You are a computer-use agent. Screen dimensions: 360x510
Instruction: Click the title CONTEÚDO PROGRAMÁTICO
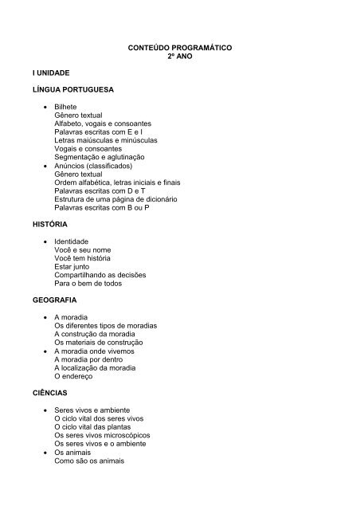coord(179,48)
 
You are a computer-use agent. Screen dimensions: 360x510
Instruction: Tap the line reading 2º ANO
coord(179,57)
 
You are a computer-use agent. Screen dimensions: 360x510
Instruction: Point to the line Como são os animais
coord(90,460)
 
